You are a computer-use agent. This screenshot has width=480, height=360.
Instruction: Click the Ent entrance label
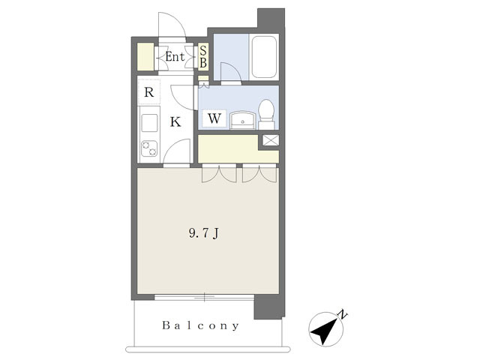[x=175, y=57]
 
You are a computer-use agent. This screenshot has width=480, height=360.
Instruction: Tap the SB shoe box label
[x=203, y=57]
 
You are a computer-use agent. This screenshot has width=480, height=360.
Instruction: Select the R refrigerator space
[x=149, y=91]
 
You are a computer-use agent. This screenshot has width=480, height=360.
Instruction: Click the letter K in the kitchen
[x=175, y=121]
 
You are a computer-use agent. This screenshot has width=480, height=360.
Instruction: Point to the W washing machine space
[x=214, y=118]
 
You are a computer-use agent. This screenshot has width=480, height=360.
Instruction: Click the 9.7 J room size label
[x=204, y=233]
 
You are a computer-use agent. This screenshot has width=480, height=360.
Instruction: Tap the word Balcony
[x=200, y=325]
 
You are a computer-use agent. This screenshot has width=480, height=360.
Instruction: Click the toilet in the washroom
[x=266, y=114]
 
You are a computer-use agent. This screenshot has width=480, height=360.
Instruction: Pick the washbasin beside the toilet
[x=243, y=120]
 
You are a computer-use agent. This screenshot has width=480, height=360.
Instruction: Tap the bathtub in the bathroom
[x=264, y=57]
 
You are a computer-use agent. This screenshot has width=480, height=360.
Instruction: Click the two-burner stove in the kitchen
[x=149, y=148]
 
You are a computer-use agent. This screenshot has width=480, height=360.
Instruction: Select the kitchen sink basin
[x=149, y=123]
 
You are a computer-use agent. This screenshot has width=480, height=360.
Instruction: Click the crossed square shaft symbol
[x=271, y=140]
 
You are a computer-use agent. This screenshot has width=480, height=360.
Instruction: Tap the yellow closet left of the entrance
[x=145, y=57]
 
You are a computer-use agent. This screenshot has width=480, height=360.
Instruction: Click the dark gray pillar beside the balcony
[x=268, y=307]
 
